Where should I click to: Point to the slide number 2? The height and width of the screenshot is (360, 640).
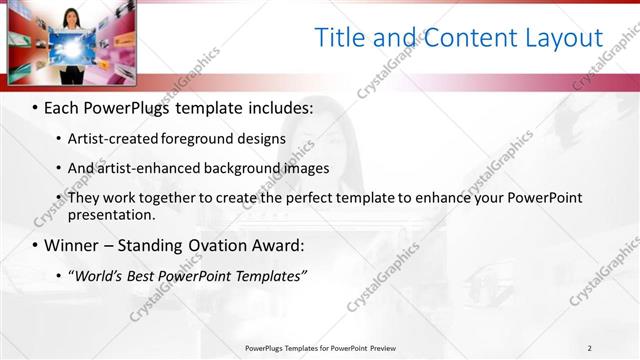(589, 348)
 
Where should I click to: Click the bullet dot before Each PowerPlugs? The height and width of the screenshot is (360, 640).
(36, 106)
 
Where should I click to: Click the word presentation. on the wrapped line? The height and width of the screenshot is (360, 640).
(111, 214)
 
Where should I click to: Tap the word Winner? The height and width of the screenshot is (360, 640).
(73, 245)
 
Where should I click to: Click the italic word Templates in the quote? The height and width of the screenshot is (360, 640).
(268, 276)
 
